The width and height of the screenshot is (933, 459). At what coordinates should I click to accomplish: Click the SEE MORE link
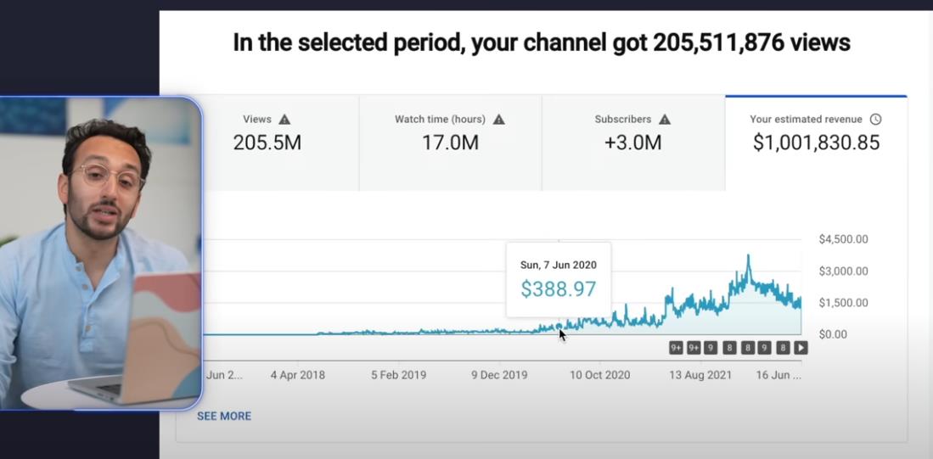tap(224, 416)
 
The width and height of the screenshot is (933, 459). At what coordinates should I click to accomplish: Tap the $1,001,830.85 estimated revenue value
tap(816, 143)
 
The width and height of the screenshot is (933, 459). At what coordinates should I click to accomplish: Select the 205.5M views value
tap(267, 143)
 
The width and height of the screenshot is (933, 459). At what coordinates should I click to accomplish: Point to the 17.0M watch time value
tap(450, 143)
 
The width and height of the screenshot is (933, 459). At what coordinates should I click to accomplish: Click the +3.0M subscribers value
tap(632, 143)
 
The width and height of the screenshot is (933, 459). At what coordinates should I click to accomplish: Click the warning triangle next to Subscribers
tap(665, 120)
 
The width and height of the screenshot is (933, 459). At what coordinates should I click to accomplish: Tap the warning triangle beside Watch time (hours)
tap(499, 120)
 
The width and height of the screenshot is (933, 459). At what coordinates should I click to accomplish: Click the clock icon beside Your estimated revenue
tap(875, 120)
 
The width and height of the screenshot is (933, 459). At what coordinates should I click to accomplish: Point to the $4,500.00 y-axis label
tap(843, 239)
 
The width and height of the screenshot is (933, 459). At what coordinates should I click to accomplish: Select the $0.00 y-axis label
tap(833, 334)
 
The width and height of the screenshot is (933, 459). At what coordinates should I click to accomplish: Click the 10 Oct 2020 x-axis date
tap(599, 374)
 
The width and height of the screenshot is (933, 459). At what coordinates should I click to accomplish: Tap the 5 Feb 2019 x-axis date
tap(398, 374)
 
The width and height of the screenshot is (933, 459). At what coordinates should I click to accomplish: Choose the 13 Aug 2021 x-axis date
tap(700, 374)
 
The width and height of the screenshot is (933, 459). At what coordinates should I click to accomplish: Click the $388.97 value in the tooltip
tap(558, 289)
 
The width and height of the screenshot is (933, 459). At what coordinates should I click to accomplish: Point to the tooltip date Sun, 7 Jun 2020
tap(558, 265)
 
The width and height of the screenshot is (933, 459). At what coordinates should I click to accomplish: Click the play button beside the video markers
tap(801, 348)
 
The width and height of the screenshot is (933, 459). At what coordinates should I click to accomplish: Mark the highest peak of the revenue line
tap(748, 255)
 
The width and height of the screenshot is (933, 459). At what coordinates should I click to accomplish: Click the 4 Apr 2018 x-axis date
tap(298, 374)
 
